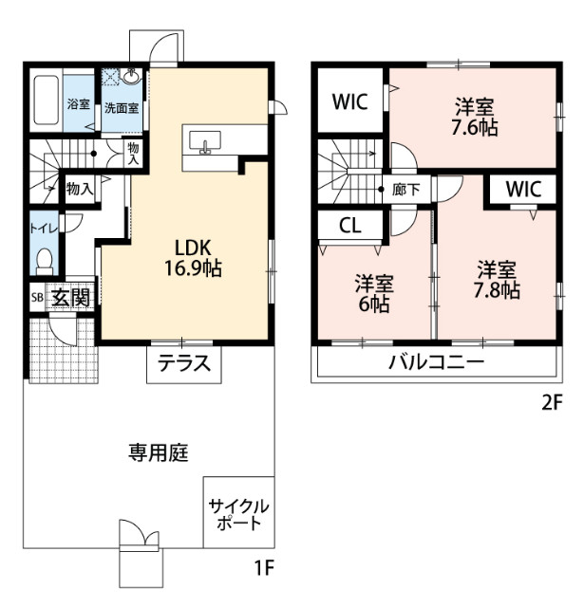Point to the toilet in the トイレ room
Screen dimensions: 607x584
44,258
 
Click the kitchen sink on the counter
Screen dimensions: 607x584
207,144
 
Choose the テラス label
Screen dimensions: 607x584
183,364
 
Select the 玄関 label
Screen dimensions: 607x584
70,297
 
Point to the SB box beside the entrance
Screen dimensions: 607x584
36,297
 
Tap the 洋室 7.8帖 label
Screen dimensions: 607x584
498,279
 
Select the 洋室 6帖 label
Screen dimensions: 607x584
374,293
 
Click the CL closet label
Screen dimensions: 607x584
349,228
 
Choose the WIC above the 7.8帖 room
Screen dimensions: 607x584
522,188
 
